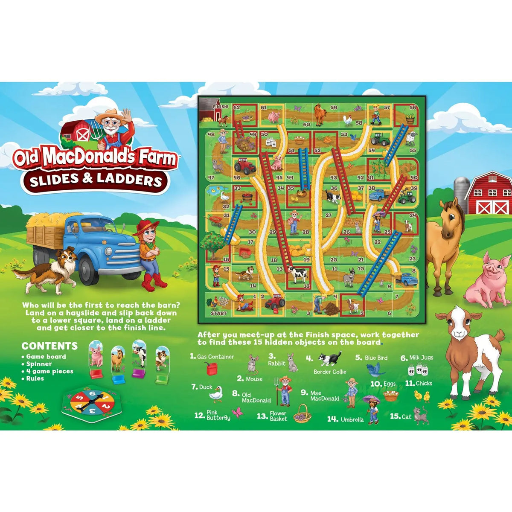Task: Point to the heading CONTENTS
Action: pyautogui.click(x=50, y=346)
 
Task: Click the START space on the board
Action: pyautogui.click(x=218, y=313)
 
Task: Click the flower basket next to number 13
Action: pyautogui.click(x=302, y=413)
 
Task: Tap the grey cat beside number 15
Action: pyautogui.click(x=421, y=415)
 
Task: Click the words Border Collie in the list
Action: pyautogui.click(x=329, y=372)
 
